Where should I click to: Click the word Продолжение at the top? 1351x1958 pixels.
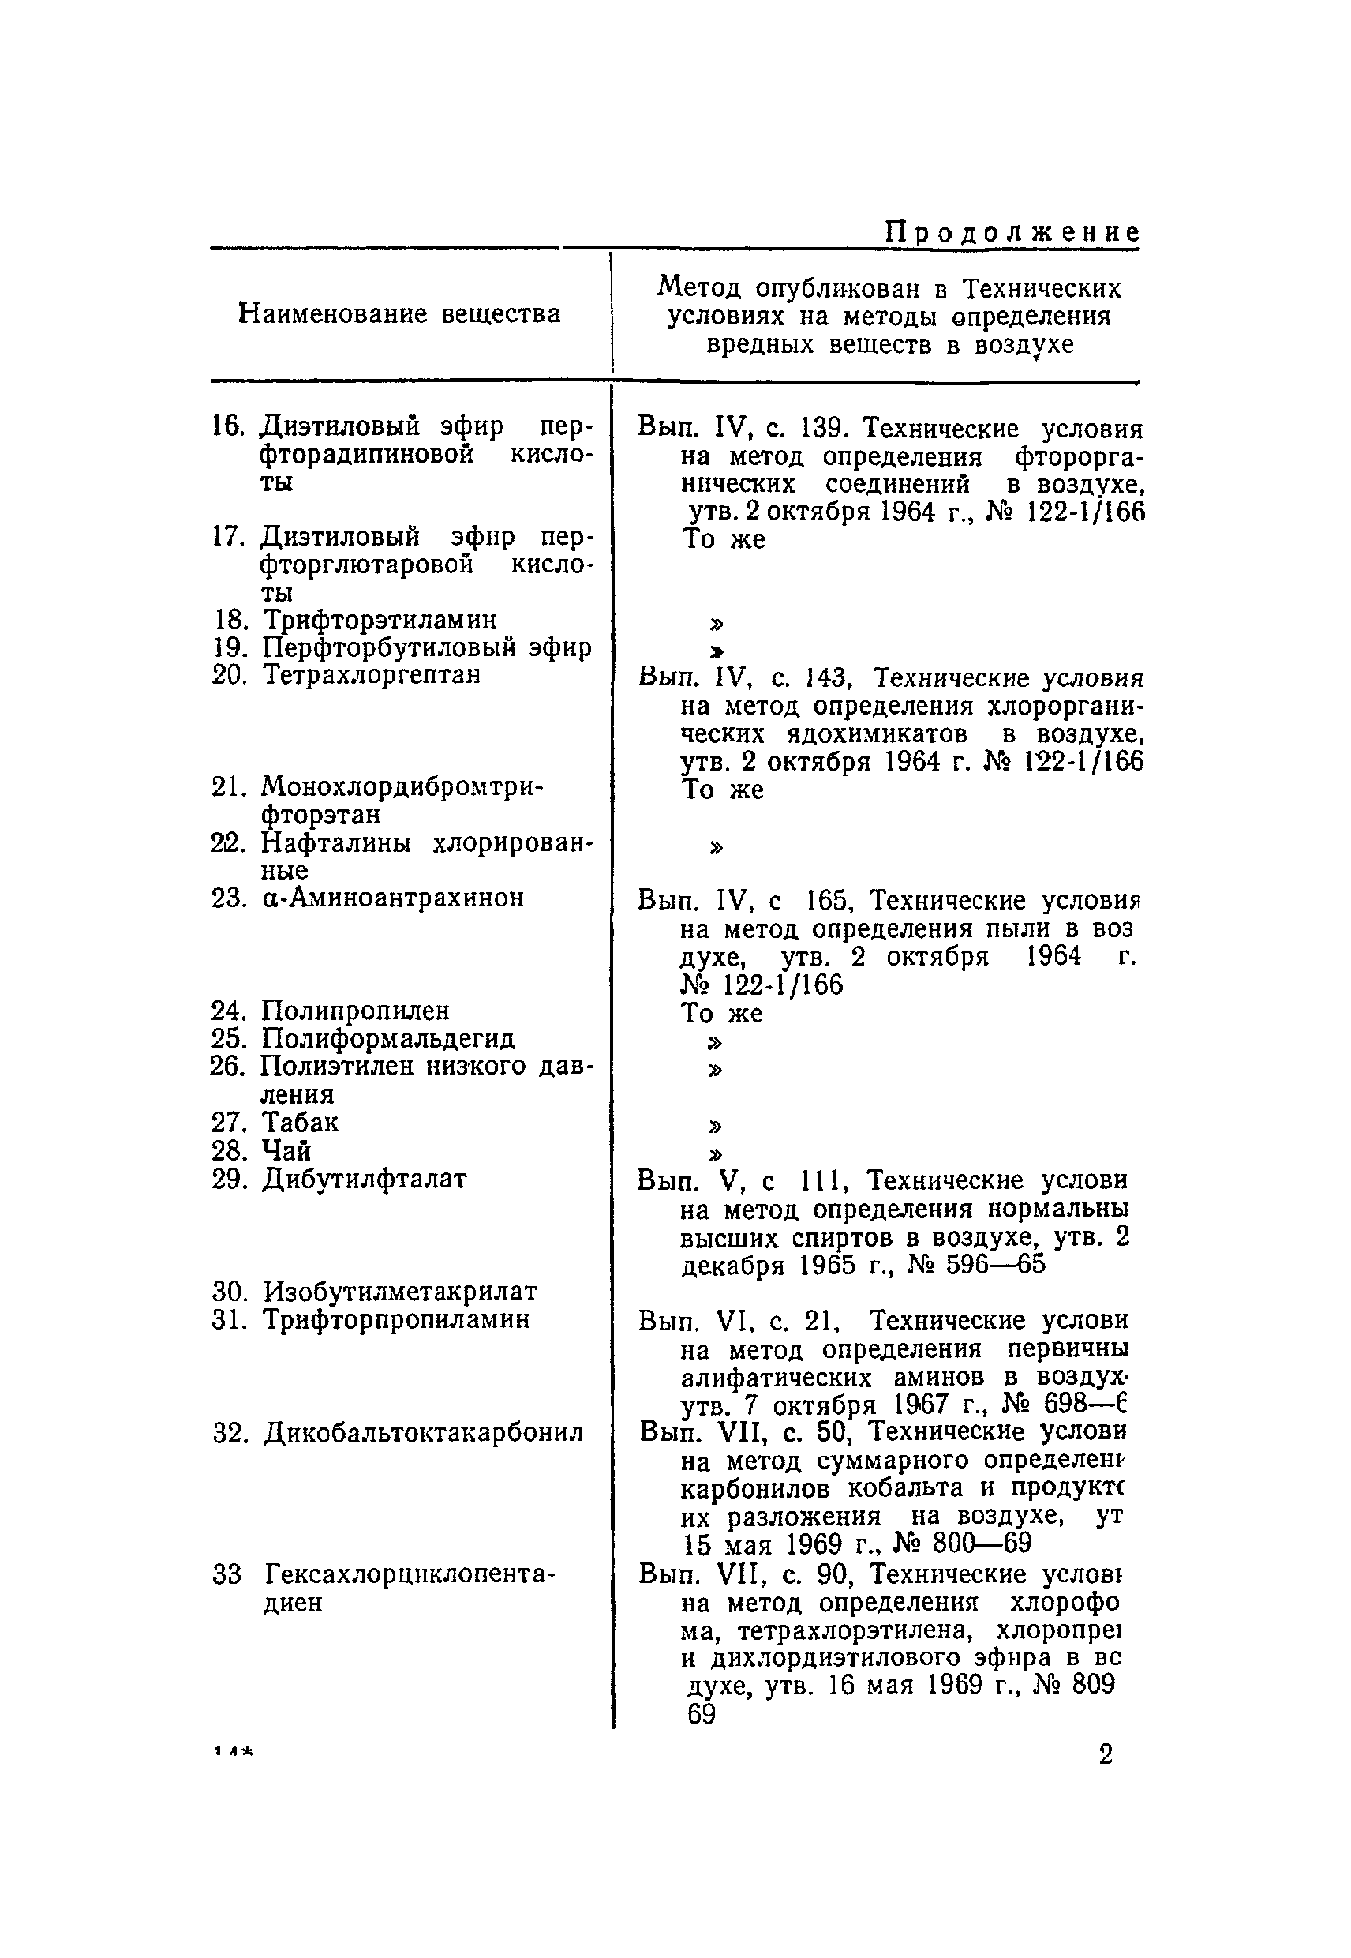coord(1012,232)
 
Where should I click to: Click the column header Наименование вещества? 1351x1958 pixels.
coord(399,314)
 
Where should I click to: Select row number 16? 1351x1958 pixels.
coord(226,426)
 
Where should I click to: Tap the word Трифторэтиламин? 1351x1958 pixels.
coord(380,620)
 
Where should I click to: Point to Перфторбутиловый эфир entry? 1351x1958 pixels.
coord(427,648)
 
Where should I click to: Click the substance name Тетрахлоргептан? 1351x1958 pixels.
coord(372,675)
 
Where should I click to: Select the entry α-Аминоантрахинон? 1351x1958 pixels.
coord(393,898)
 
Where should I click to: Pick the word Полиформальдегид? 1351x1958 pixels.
coord(387,1038)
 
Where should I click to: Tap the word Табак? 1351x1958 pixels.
coord(300,1123)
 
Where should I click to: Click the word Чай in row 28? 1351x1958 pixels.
coord(286,1151)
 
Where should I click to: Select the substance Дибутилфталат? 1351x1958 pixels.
coord(365,1179)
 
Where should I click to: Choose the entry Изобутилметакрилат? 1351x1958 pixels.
coord(399,1292)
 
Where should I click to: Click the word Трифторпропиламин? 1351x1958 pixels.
coord(396,1319)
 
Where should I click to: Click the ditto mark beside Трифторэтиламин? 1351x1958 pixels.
coord(717,625)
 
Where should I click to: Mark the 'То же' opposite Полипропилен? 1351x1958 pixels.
coord(722,1014)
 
